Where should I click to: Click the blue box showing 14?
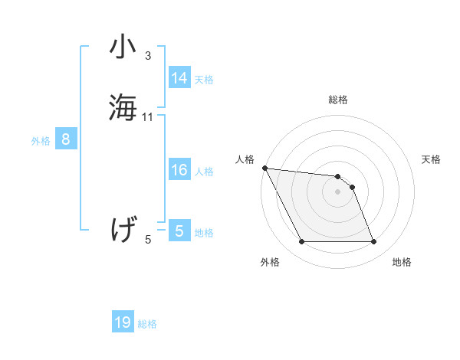click(x=179, y=78)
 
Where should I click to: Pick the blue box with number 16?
click(x=179, y=170)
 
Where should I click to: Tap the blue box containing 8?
click(x=66, y=139)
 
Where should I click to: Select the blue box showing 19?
click(x=123, y=322)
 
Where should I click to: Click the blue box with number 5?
click(x=179, y=231)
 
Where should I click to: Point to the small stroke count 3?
click(x=148, y=56)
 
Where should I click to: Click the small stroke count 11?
click(x=148, y=117)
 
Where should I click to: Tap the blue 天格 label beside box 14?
click(x=204, y=80)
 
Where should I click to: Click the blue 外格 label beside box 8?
click(x=41, y=141)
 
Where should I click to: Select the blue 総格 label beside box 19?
click(x=147, y=324)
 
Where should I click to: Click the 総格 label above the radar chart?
click(x=338, y=100)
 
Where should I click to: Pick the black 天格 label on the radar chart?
click(x=432, y=159)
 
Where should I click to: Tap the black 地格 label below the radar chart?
click(x=402, y=263)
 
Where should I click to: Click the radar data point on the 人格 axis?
click(x=264, y=168)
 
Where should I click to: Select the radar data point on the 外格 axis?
click(x=301, y=242)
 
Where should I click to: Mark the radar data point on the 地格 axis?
click(x=373, y=242)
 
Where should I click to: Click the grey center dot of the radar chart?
click(x=338, y=191)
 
